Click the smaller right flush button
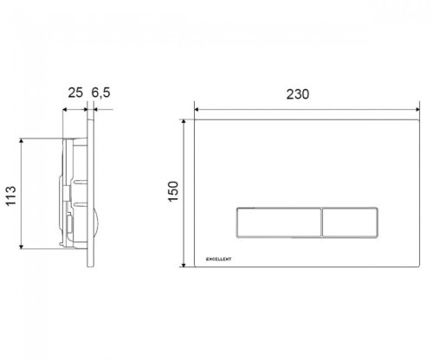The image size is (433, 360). tap(350, 223)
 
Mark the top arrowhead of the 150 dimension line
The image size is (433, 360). tap(184, 122)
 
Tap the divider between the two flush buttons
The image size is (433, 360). tap(320, 223)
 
